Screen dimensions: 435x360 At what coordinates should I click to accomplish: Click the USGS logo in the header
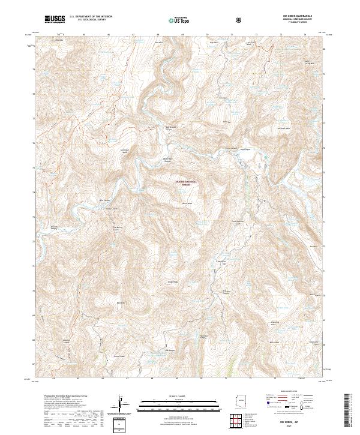56,19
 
